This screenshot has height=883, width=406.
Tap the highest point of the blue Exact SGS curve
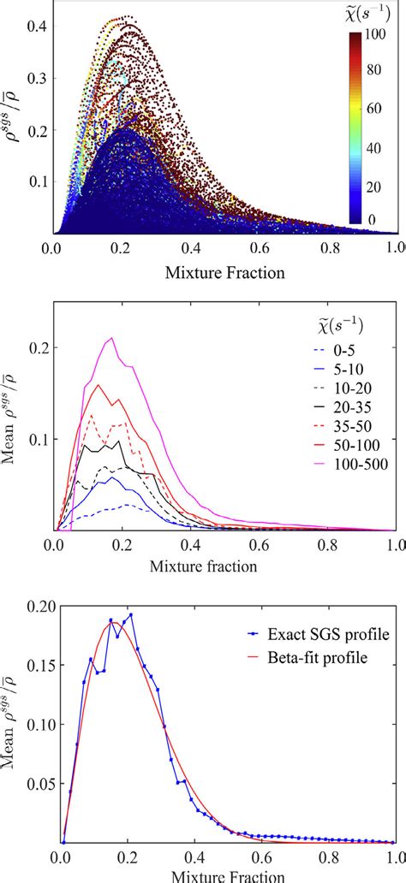(x=130, y=614)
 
